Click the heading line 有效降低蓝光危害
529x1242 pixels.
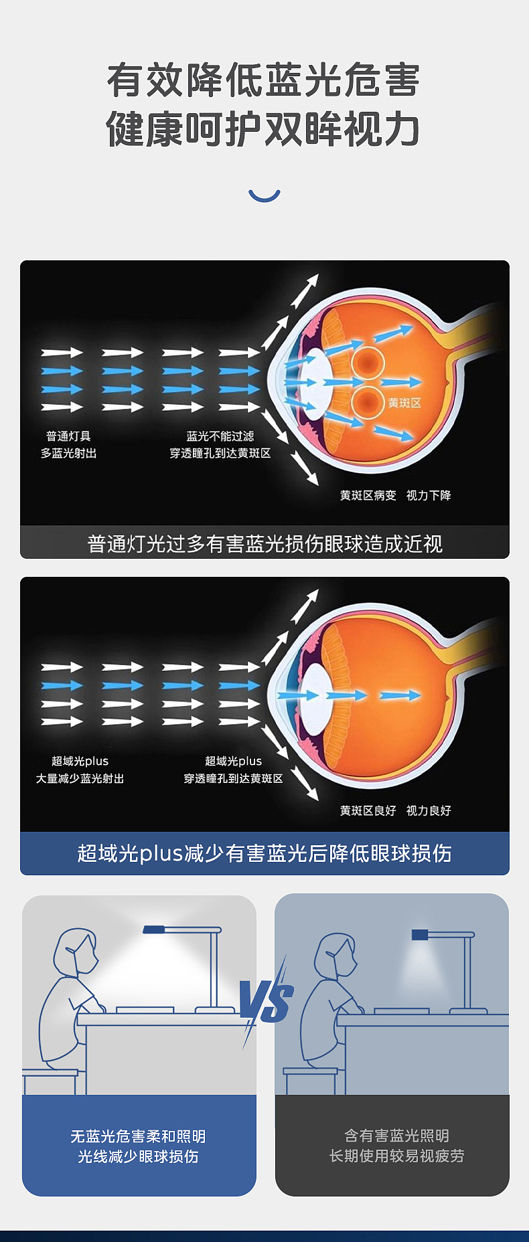pyautogui.click(x=264, y=80)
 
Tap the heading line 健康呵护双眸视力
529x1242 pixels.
pyautogui.click(x=264, y=129)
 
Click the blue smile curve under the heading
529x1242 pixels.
pyautogui.click(x=264, y=195)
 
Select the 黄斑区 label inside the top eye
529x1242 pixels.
pyautogui.click(x=404, y=403)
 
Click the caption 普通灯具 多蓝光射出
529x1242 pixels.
pyautogui.click(x=68, y=445)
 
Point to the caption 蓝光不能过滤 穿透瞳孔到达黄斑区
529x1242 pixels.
pyautogui.click(x=220, y=445)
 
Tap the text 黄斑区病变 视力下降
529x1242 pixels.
pyautogui.click(x=395, y=495)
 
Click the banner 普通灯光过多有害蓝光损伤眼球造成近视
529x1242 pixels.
pyautogui.click(x=264, y=543)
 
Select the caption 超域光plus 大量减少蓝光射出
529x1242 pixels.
pyautogui.click(x=80, y=770)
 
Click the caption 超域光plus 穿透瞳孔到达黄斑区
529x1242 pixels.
pyautogui.click(x=233, y=770)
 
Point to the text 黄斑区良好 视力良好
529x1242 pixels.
pyautogui.click(x=395, y=810)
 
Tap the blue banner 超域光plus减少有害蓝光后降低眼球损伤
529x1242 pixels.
pyautogui.click(x=264, y=853)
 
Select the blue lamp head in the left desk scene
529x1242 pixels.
pyautogui.click(x=154, y=929)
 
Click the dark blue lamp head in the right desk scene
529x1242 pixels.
pyautogui.click(x=420, y=934)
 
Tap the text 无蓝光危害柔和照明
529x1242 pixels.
pyautogui.click(x=139, y=1136)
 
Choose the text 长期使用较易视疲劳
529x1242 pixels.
pyautogui.click(x=396, y=1156)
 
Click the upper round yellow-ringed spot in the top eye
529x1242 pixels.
pyautogui.click(x=367, y=363)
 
